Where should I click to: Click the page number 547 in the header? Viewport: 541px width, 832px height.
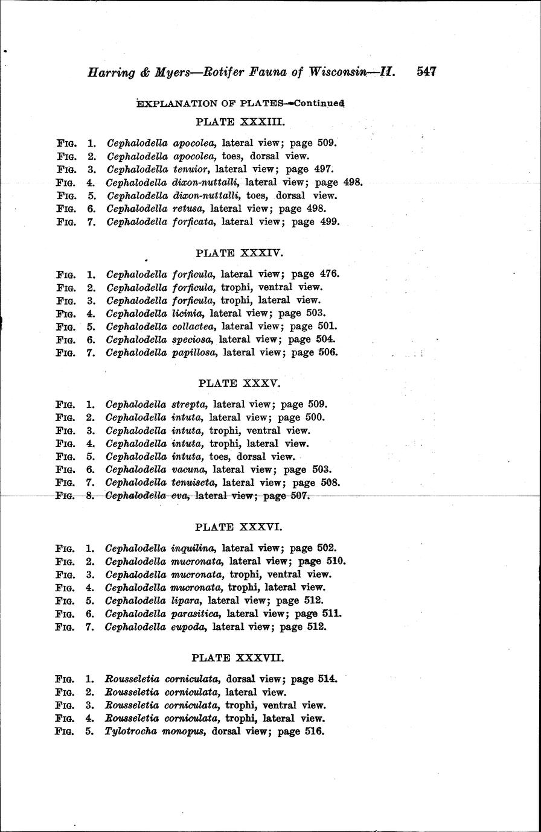(x=426, y=72)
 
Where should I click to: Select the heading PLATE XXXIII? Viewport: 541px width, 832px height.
(x=240, y=121)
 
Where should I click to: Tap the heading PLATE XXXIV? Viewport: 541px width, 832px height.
(x=240, y=252)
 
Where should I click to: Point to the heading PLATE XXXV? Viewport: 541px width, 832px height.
(x=240, y=383)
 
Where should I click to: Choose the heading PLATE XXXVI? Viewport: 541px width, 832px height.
(x=240, y=527)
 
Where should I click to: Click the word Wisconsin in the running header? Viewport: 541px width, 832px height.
(x=340, y=72)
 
